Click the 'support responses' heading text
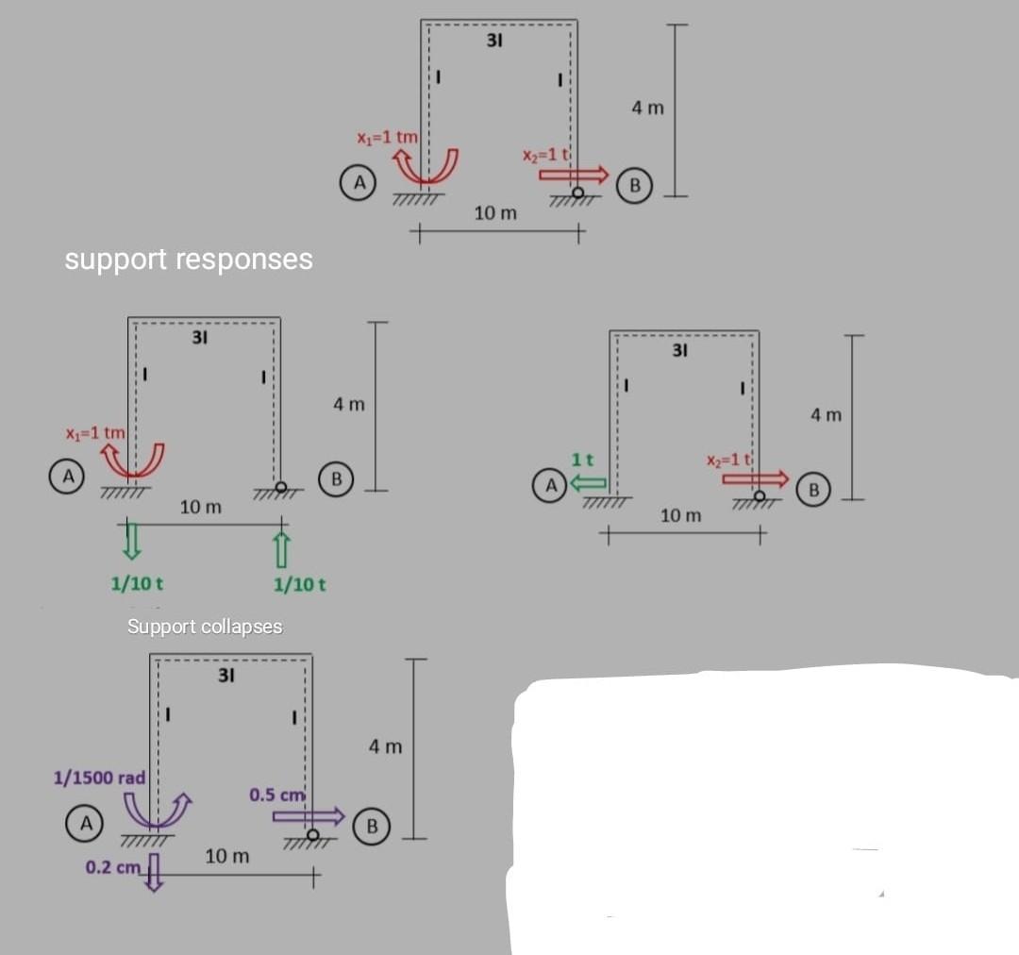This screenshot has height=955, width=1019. tap(189, 259)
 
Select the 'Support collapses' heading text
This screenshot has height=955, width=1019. tap(205, 627)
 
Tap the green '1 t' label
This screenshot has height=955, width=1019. tap(582, 460)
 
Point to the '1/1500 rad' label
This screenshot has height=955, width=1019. tap(99, 778)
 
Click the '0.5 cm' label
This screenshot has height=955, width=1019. tap(277, 795)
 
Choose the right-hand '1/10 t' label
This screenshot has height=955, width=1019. tap(299, 584)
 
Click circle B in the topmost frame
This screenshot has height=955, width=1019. tap(635, 184)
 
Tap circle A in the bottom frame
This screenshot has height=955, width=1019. tap(85, 823)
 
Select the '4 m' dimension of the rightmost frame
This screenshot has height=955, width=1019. tap(827, 414)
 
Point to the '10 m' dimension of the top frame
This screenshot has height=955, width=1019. tap(495, 213)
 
